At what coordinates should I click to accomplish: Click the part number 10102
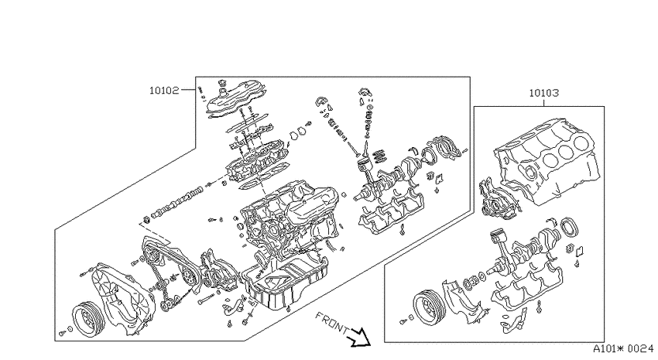164,91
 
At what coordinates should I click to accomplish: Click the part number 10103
543,93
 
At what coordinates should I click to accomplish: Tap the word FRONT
331,322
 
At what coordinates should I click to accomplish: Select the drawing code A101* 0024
623,348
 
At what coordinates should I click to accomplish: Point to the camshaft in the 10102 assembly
177,203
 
